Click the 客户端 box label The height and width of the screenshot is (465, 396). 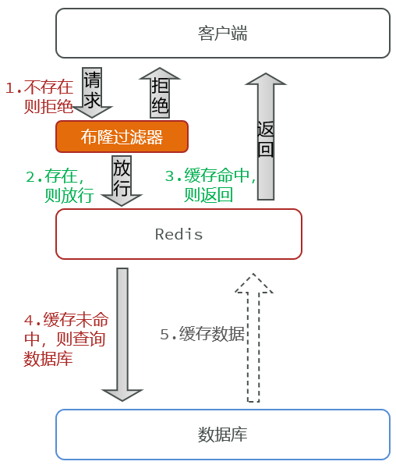click(x=222, y=34)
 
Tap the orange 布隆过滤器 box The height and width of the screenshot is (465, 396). click(x=122, y=137)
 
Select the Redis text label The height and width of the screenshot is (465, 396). click(x=179, y=234)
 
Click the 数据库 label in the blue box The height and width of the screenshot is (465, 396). click(x=222, y=435)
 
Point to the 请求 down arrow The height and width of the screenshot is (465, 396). click(x=92, y=93)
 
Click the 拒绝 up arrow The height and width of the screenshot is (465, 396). click(x=160, y=93)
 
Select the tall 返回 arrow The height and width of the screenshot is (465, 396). click(x=266, y=137)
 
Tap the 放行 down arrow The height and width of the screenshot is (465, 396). click(x=122, y=181)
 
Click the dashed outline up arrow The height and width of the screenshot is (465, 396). click(x=253, y=338)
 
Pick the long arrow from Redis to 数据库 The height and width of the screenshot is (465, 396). click(x=122, y=335)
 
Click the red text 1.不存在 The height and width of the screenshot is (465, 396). click(x=40, y=87)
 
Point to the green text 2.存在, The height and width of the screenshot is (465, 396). click(x=55, y=176)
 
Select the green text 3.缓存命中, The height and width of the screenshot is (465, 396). click(x=210, y=176)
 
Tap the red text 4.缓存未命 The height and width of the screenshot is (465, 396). click(x=66, y=320)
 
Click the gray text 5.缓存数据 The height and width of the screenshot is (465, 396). click(x=203, y=334)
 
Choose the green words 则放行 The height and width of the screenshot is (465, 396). click(x=69, y=195)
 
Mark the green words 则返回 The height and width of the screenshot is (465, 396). click(x=208, y=194)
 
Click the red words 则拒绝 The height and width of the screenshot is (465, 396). click(x=48, y=106)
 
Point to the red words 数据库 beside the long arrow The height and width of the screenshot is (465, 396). click(x=48, y=358)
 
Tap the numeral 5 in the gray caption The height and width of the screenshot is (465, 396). click(x=164, y=335)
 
